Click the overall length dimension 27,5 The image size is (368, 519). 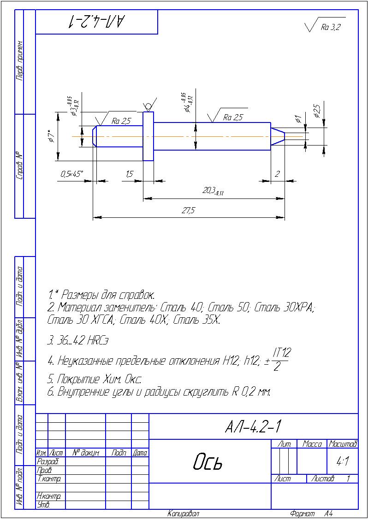click(x=189, y=210)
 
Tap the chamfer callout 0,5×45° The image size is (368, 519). click(x=71, y=174)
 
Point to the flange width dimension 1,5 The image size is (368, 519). click(x=129, y=174)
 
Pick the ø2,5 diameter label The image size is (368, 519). click(x=317, y=112)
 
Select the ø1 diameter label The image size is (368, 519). click(x=298, y=119)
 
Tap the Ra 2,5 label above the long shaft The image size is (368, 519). click(x=232, y=117)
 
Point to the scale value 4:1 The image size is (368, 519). click(x=342, y=460)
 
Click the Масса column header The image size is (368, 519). click(x=312, y=444)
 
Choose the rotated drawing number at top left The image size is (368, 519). click(x=97, y=21)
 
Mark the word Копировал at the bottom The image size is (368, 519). click(x=184, y=513)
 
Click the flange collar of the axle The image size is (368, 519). click(x=148, y=136)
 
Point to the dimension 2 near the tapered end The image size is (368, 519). click(x=277, y=174)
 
